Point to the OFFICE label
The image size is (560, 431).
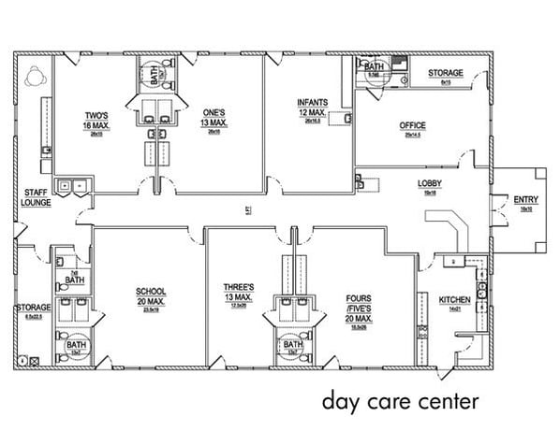[x=412, y=125]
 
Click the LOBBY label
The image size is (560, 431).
[x=430, y=183]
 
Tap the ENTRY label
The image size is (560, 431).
[x=525, y=199]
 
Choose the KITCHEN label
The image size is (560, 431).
[x=455, y=299]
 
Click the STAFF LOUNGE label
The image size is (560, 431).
[x=36, y=197]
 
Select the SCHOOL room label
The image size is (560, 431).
[x=151, y=291]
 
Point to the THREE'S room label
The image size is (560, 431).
[x=239, y=287]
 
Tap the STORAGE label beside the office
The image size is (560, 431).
[x=445, y=73]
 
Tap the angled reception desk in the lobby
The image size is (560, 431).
[x=452, y=225]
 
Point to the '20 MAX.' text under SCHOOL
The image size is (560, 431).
[x=151, y=301]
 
